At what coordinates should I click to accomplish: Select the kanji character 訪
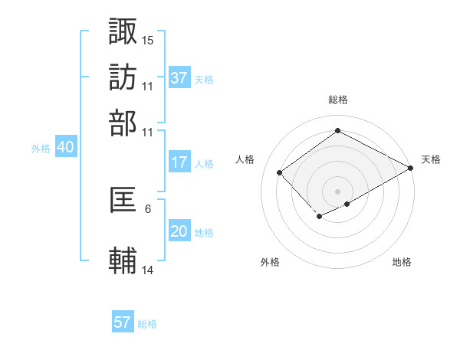pos(123,77)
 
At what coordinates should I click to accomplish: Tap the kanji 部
pos(123,123)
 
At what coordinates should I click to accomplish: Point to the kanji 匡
pos(123,200)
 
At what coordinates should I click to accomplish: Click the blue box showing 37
pos(179,78)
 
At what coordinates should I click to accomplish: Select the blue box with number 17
pos(179,162)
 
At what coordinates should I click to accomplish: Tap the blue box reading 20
pos(179,232)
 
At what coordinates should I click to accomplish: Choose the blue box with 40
pos(65,148)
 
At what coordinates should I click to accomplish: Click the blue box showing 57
pos(123,322)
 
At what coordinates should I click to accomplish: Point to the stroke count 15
pos(148,39)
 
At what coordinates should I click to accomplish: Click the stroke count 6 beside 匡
pos(147,208)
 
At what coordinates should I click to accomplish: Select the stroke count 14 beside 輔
pos(148,270)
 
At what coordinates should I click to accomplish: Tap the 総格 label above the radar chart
pos(337,100)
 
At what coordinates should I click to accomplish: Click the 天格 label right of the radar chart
pos(431,159)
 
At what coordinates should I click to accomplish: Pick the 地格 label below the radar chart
pos(402,263)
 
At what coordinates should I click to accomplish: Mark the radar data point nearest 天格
pos(411,169)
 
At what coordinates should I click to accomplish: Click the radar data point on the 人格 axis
pos(280,172)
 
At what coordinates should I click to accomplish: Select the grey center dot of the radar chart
pos(337,191)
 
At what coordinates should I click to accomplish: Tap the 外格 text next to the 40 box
pos(41,149)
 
